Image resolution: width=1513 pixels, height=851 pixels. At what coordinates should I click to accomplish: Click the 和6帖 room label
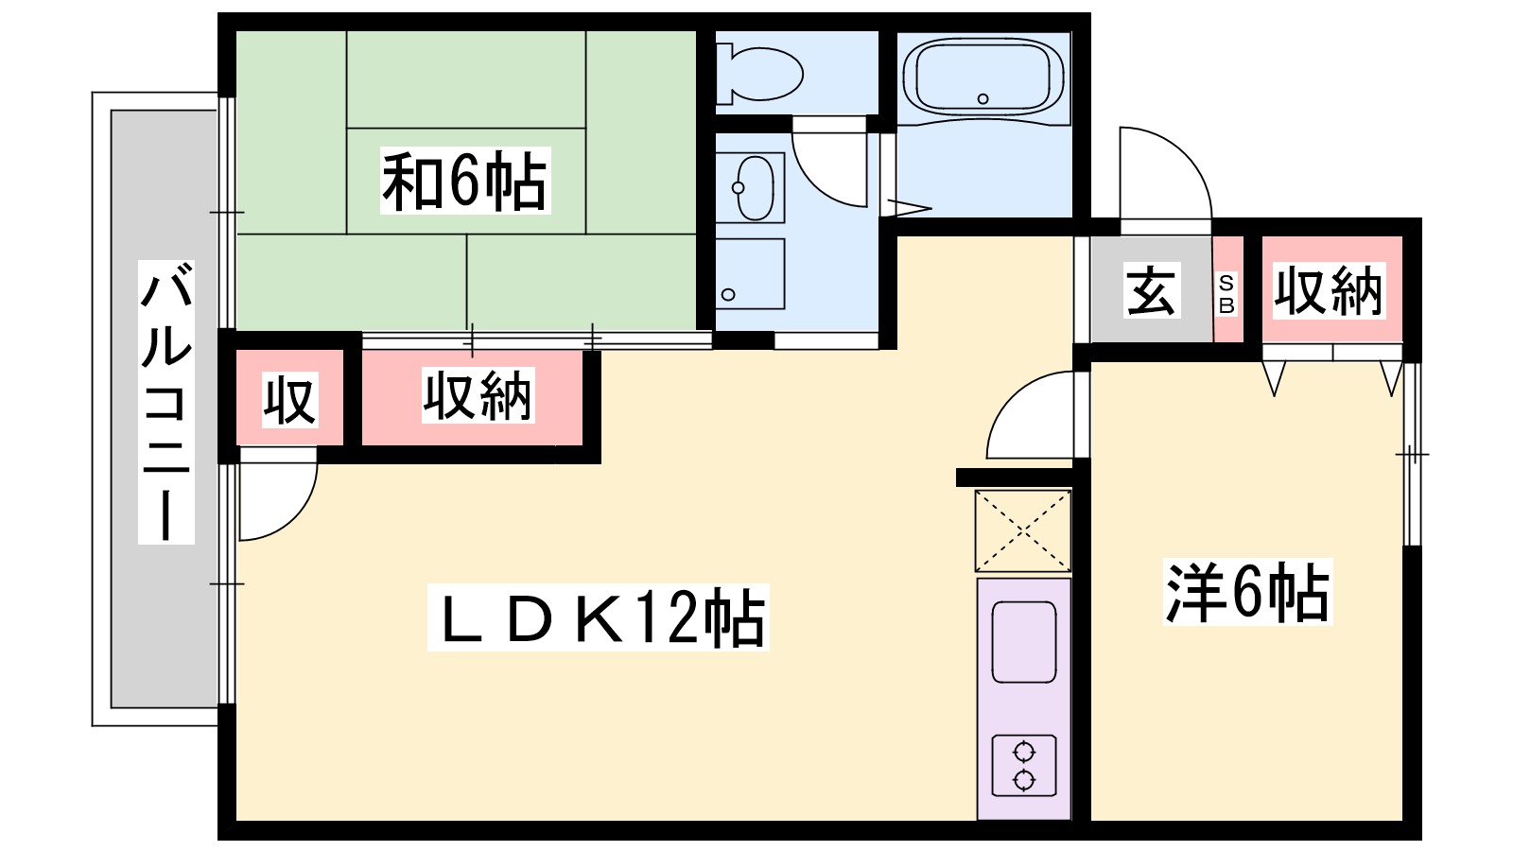(x=464, y=181)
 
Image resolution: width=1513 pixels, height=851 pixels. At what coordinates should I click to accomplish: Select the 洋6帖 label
(x=1247, y=592)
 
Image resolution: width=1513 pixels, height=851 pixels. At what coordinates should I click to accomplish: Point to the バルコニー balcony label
(x=166, y=402)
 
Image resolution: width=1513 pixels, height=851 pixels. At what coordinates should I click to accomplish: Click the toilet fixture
(x=758, y=75)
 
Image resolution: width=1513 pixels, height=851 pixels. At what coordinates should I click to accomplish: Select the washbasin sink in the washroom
(x=751, y=188)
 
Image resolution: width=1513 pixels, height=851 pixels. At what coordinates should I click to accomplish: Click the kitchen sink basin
(x=1024, y=642)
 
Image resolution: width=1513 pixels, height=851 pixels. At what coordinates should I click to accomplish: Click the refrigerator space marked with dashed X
(x=1023, y=531)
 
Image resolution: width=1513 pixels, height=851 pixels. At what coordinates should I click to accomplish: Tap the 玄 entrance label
(x=1153, y=289)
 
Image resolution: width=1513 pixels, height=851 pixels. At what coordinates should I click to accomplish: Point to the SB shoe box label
(x=1226, y=294)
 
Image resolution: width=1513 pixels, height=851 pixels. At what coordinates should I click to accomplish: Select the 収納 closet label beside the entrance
(x=1329, y=290)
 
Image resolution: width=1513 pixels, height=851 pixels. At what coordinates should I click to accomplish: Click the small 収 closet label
(x=289, y=400)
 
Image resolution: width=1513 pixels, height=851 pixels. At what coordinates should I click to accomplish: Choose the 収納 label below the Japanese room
(x=478, y=396)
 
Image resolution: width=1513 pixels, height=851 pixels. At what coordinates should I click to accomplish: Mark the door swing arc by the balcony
(x=296, y=513)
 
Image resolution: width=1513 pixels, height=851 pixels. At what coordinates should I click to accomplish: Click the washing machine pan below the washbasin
(x=751, y=273)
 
